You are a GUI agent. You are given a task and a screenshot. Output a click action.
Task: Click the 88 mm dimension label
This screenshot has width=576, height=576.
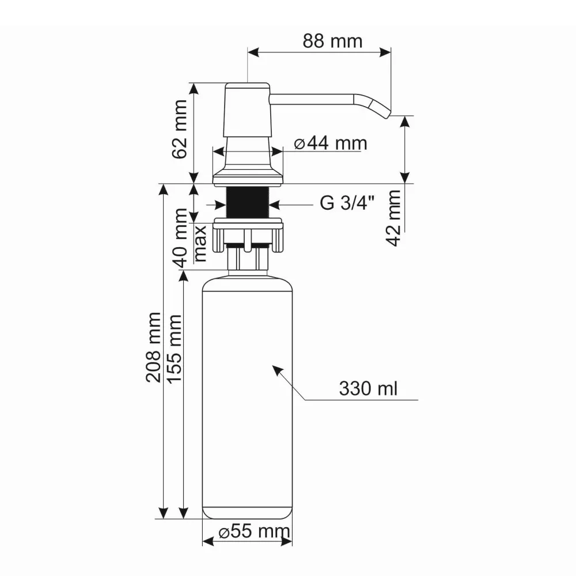[x=332, y=41]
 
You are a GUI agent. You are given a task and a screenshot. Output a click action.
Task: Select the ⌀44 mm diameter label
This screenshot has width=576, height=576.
[x=330, y=143]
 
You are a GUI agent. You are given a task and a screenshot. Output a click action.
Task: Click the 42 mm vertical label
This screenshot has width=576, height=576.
[x=394, y=218]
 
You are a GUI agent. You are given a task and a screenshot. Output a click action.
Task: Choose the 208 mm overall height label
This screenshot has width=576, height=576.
[x=153, y=347]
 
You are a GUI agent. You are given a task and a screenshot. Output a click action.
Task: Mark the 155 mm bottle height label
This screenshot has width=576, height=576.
[x=173, y=349]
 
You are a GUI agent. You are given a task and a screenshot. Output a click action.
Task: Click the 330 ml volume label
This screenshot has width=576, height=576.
[x=368, y=389]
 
